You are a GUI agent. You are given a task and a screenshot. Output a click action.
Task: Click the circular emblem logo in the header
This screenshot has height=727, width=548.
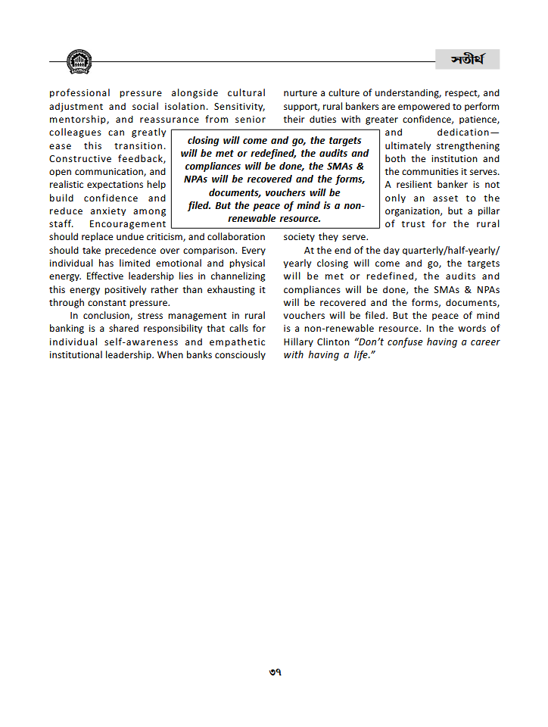click(x=78, y=61)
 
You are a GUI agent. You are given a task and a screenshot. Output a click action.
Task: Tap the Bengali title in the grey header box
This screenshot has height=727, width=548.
click(x=467, y=60)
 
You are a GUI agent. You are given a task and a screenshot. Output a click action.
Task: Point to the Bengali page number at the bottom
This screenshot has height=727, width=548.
click(x=274, y=672)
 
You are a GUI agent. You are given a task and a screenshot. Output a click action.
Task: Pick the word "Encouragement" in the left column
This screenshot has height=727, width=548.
click(x=127, y=224)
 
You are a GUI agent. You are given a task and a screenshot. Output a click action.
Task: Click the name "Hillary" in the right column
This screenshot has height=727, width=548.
click(x=300, y=342)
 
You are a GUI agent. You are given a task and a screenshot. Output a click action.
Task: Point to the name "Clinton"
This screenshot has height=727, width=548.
click(x=335, y=342)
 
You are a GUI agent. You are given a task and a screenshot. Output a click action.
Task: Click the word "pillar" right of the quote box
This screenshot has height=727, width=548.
click(x=485, y=211)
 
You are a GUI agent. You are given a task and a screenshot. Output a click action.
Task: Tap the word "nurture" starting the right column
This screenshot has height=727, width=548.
click(x=302, y=94)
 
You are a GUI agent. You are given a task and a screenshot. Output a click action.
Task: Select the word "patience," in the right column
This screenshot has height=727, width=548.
click(x=478, y=120)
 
